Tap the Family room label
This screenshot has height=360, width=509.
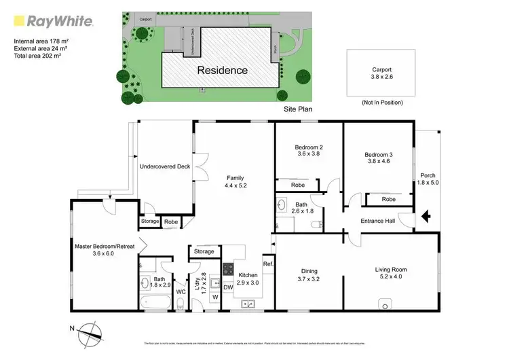tap(235, 178)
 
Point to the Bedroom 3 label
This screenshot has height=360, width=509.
tap(378, 155)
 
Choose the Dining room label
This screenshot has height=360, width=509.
tap(308, 270)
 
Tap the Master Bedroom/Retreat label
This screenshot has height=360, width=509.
tap(103, 247)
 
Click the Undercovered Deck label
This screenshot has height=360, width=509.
tap(165, 166)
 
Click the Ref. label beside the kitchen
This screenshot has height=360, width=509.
tap(267, 264)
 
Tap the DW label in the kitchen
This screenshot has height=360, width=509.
tap(229, 287)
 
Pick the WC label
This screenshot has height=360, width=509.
tap(181, 292)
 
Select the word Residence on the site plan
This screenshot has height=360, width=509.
tap(222, 70)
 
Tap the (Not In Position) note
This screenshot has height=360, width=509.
tap(382, 103)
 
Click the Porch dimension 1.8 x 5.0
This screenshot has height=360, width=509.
tap(428, 183)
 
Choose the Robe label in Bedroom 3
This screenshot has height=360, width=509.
tap(388, 199)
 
